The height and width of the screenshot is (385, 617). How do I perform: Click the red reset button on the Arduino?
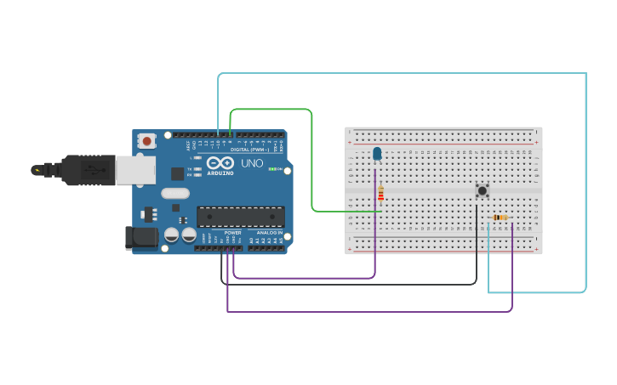pos(146,141)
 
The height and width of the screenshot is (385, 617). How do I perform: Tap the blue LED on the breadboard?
pos(377,154)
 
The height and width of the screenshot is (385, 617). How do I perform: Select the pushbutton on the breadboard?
pos(483,190)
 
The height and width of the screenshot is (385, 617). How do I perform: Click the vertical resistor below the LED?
pos(380,194)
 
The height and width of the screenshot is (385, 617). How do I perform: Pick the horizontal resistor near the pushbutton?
pos(500,218)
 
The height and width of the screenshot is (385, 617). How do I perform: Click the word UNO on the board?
pos(252,163)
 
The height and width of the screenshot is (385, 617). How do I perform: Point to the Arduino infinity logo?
pos(220,163)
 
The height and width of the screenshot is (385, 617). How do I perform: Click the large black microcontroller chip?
pos(241,217)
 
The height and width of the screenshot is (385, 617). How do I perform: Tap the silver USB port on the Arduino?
pos(135,169)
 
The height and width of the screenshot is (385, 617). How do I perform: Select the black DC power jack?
pos(140,237)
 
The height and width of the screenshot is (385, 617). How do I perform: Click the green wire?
pos(312,161)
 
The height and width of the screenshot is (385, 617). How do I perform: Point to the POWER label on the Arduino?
pos(232,233)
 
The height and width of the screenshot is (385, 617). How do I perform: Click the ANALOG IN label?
pos(270,233)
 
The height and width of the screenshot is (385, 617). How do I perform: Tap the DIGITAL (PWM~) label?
pos(249,150)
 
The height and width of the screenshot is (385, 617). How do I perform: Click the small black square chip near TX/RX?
pos(177,173)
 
